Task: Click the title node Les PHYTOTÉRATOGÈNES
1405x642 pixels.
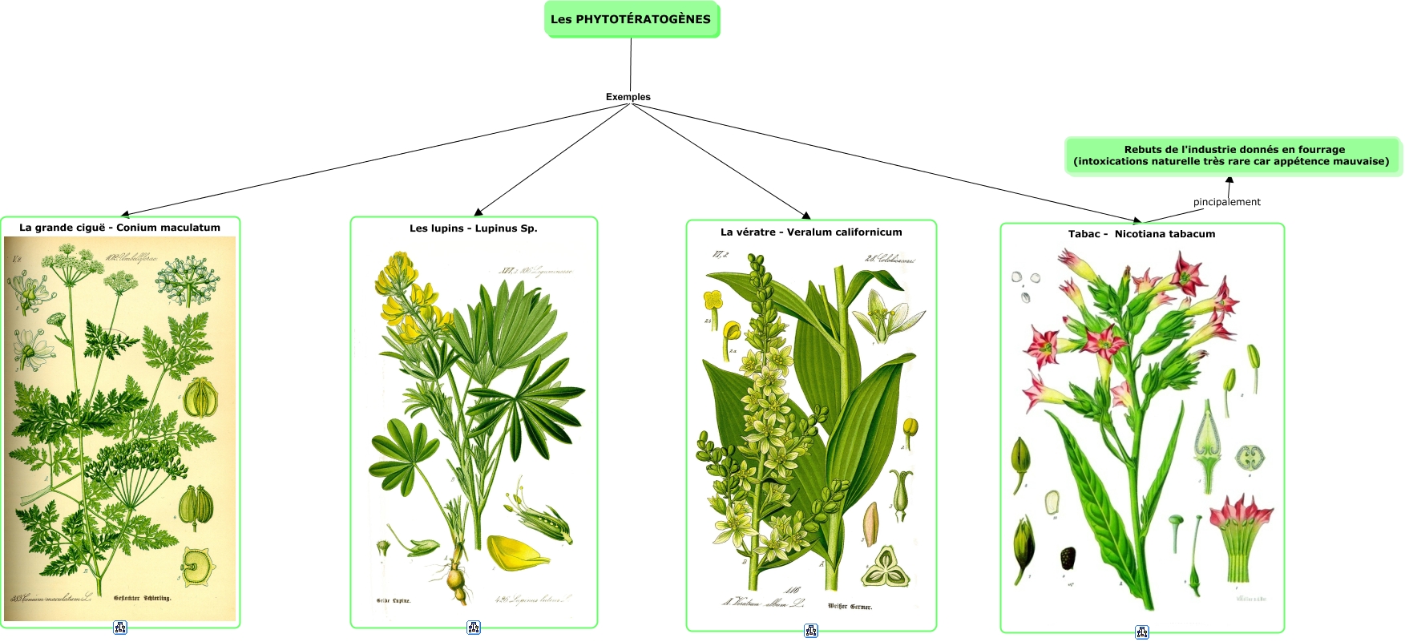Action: coord(631,19)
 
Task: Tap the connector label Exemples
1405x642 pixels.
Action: coord(628,97)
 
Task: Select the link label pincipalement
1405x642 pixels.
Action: coord(1226,202)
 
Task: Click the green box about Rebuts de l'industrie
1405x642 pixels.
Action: coord(1232,155)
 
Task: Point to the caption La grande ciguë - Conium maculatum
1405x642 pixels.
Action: coord(119,228)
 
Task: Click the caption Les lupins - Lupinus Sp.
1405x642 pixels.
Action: coord(473,228)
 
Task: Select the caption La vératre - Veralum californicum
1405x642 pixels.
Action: coord(810,232)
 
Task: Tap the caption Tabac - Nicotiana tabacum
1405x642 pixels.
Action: coord(1141,234)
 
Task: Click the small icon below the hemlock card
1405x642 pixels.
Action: coord(120,628)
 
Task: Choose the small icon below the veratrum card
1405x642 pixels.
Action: coord(811,631)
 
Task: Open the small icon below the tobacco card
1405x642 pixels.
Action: coord(1142,632)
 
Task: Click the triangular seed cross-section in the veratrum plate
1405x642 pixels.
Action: coord(885,567)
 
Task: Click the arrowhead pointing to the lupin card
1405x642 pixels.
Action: coord(478,212)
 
